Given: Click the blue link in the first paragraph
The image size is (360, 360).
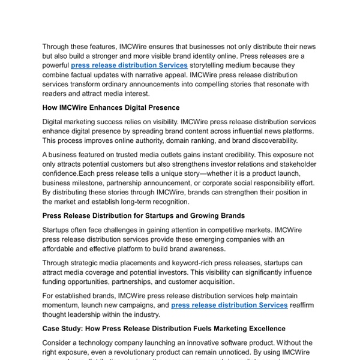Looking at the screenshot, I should (129, 65).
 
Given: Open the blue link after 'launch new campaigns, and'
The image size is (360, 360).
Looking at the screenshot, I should (229, 305).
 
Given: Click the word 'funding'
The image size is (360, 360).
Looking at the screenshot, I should (59, 282).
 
